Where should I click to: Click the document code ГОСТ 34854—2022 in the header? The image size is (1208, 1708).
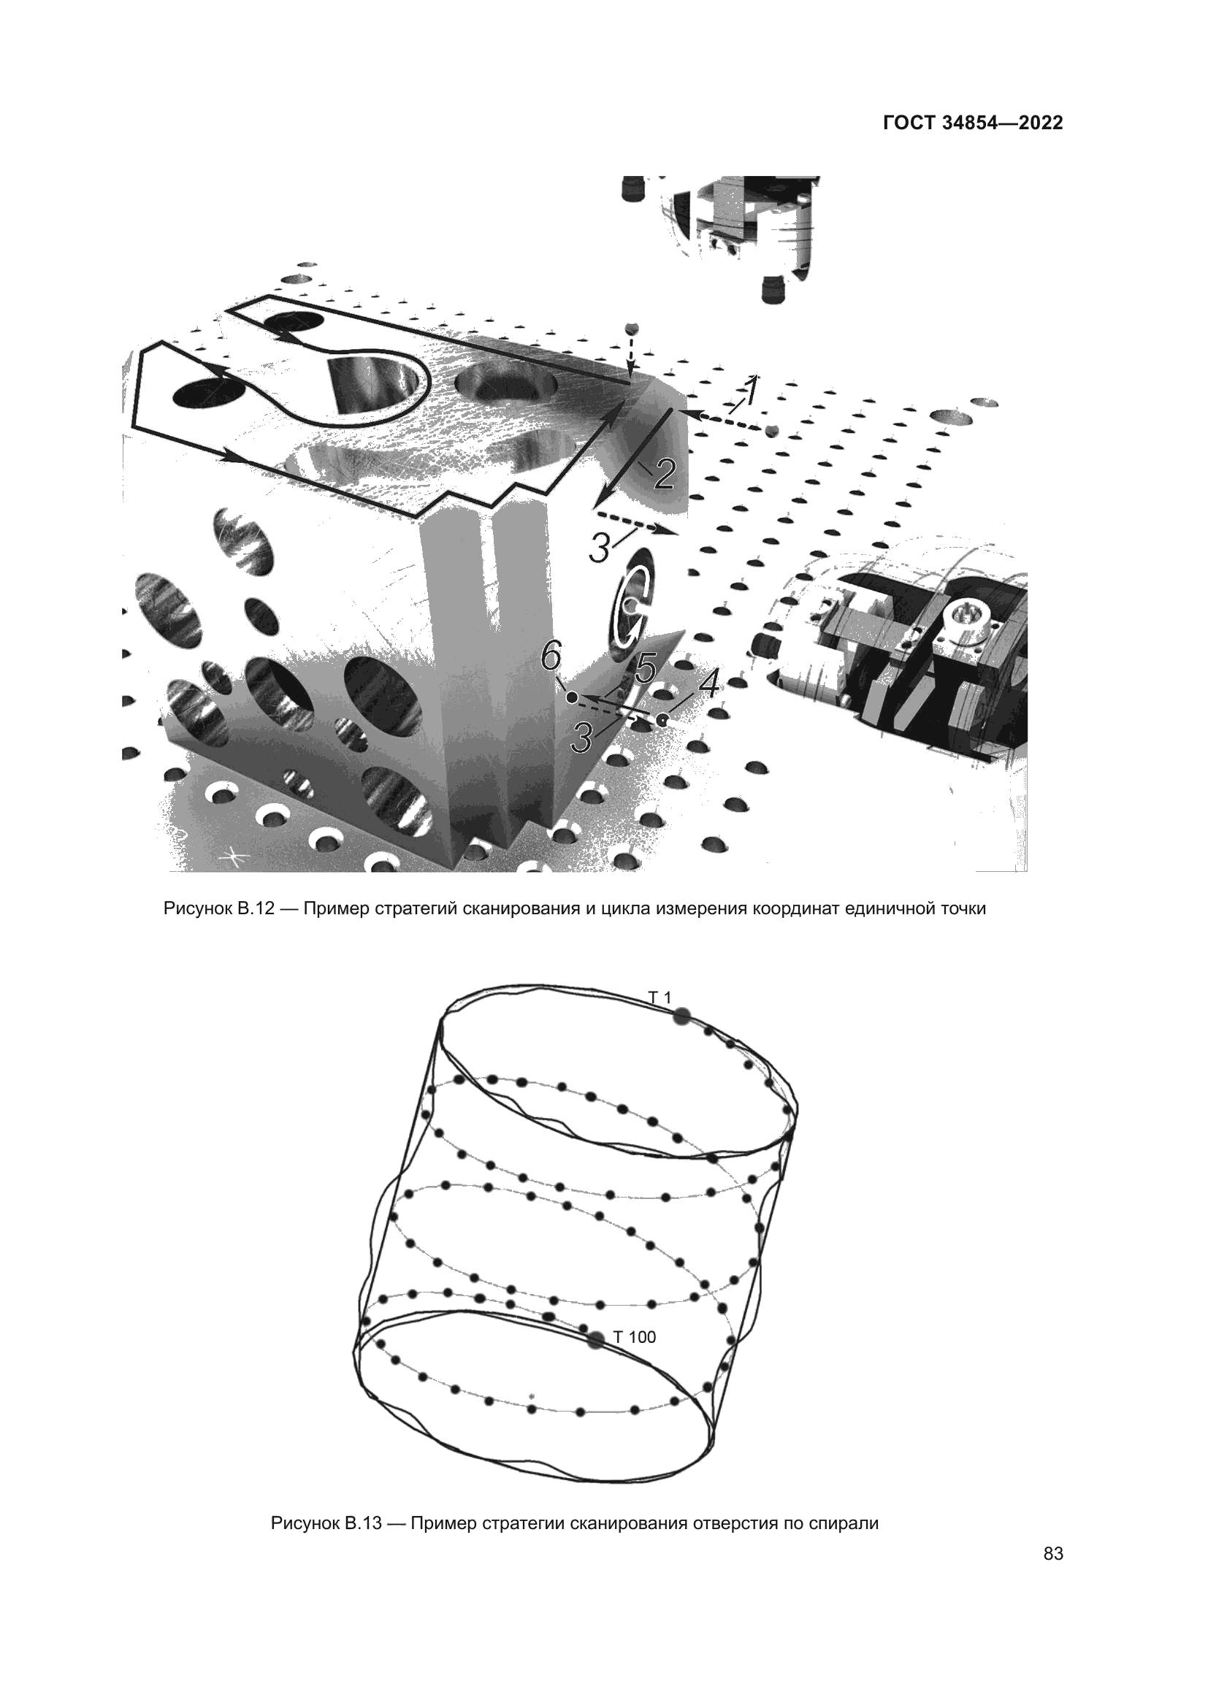[973, 123]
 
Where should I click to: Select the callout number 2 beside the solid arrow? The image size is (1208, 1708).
[662, 474]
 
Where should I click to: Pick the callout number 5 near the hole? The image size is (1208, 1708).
[643, 670]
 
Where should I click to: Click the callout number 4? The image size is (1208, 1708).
[709, 684]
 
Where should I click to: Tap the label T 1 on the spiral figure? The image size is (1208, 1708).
[660, 997]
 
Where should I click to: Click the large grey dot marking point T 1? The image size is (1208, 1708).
[682, 1017]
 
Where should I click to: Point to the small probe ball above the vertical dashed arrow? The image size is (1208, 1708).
[632, 329]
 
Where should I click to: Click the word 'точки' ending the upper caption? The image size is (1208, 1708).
[962, 909]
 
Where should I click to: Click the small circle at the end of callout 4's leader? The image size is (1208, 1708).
[661, 719]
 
